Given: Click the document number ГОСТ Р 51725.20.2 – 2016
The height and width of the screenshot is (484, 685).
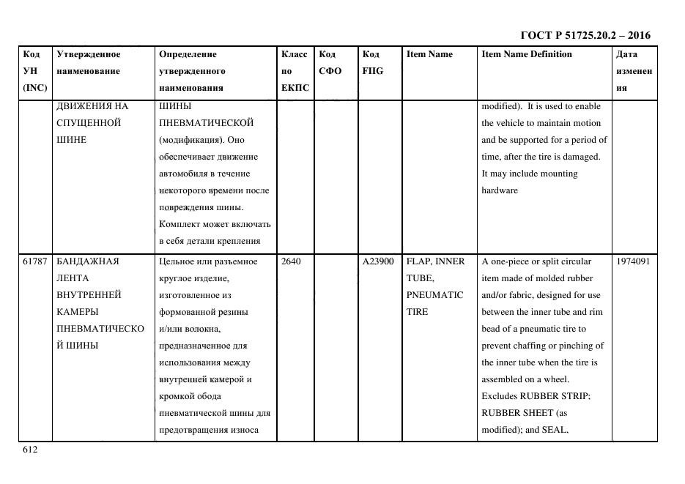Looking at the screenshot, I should click(585, 35).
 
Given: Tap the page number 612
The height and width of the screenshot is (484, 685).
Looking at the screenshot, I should click(29, 450).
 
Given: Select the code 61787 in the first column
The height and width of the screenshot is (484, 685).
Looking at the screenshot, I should click(35, 261).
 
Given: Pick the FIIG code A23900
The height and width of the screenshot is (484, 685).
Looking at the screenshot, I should click(378, 261).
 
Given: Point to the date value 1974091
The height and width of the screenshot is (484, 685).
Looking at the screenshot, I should click(633, 261).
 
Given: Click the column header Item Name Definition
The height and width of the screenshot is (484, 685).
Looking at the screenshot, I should click(527, 54).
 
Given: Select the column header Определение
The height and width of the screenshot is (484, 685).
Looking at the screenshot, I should click(188, 54).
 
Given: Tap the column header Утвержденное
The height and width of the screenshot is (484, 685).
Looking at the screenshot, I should click(89, 54).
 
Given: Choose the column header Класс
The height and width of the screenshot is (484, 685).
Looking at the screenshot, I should click(295, 54).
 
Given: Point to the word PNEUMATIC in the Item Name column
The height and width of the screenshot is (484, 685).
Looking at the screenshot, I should click(434, 295).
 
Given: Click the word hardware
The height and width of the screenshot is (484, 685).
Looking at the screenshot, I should click(500, 190).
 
